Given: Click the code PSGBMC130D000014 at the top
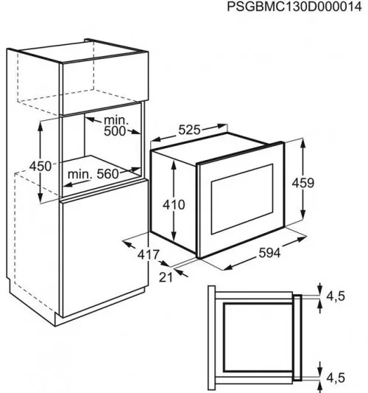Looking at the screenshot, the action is point(294,7).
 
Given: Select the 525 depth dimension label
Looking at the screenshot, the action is point(189,130).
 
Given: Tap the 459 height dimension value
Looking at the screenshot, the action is point(302,183).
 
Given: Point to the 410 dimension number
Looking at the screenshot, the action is point(174,205).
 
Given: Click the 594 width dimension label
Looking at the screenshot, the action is point(269,253).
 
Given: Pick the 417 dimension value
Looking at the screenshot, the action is point(149,255).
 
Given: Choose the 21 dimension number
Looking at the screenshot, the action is point(166,277).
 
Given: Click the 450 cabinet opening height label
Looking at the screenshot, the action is point(40,166).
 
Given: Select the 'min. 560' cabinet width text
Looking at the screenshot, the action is point(93,174).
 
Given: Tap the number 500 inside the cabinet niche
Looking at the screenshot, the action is point(115,131).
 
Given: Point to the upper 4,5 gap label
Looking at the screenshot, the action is point(336,296).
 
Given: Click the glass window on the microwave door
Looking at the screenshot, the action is point(242,199).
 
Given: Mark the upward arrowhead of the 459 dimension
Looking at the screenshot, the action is point(302,143).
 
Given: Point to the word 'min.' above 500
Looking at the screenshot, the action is point(116,121).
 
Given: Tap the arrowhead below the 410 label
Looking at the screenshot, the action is point(174,236).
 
